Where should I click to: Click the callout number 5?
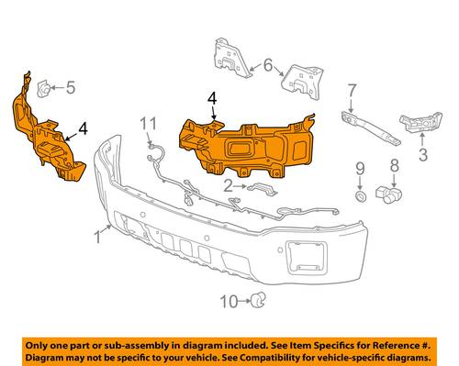coord(71,88)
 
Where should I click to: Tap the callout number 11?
coord(149,124)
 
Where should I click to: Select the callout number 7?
coord(352,91)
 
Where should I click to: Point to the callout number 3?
coord(423,154)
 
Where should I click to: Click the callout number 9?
coord(360,169)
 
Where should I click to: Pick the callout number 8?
coord(395,165)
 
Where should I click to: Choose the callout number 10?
coord(229,302)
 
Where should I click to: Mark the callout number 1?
coord(98,238)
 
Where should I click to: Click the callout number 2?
coord(229,186)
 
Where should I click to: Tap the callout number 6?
coord(268,65)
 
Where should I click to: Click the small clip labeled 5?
coord(43,89)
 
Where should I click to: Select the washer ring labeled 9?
coord(361,196)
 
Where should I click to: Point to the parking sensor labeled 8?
coord(388,194)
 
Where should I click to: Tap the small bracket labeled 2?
coord(263,189)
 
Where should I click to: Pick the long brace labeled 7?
coord(371,128)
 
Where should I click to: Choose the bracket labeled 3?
coord(420,123)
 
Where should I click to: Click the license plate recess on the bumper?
coord(306,257)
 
